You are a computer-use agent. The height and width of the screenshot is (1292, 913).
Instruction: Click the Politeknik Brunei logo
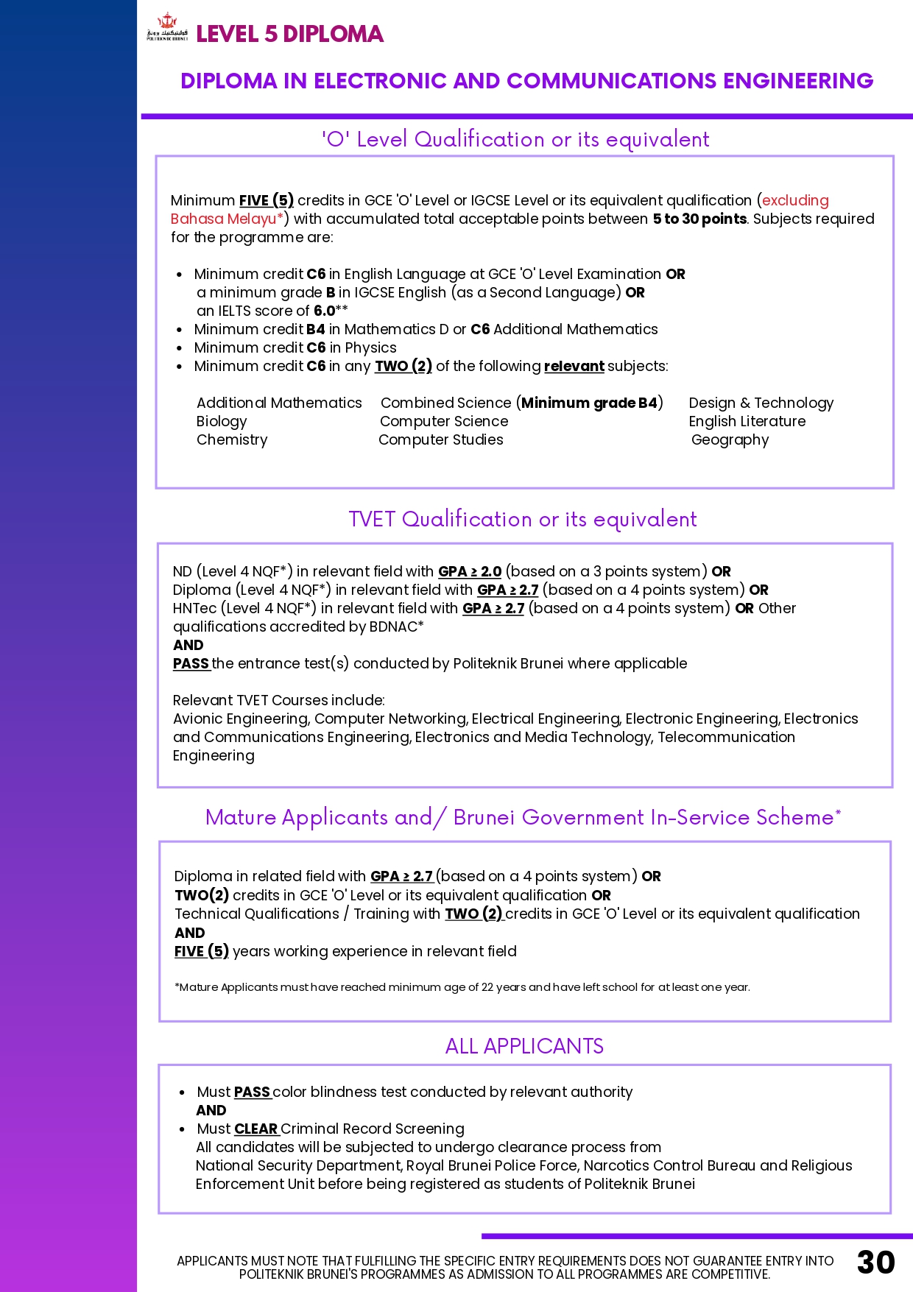click(167, 28)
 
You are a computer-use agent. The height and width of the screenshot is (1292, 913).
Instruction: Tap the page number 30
click(875, 1262)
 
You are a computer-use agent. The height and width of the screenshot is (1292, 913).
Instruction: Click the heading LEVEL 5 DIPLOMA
click(289, 34)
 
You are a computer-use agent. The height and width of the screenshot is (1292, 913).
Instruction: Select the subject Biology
click(222, 421)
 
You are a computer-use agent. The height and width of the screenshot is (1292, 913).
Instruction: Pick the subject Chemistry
click(232, 440)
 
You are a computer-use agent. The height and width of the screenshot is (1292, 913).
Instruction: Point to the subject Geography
click(730, 440)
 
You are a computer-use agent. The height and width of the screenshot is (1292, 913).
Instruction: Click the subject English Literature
click(747, 421)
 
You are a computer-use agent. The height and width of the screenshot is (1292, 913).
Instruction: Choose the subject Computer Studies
click(441, 440)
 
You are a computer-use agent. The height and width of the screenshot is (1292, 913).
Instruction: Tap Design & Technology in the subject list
click(761, 403)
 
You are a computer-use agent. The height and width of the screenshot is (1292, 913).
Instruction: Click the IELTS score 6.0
click(325, 311)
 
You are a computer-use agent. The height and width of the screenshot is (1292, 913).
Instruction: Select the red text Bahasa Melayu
click(223, 219)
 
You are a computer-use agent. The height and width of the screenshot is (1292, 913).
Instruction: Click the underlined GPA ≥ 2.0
click(470, 571)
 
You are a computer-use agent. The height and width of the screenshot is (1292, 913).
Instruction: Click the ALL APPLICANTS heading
click(524, 1046)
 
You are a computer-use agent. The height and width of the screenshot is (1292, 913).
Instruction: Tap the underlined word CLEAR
click(255, 1129)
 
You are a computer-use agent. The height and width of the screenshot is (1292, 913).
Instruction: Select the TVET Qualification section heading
click(522, 519)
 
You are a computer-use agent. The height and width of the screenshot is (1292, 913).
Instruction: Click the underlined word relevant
click(574, 366)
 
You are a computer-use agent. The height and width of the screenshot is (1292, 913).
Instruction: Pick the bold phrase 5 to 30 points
click(699, 219)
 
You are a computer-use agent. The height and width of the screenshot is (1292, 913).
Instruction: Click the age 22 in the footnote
click(487, 987)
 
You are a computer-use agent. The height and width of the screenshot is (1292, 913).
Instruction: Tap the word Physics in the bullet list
click(370, 347)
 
